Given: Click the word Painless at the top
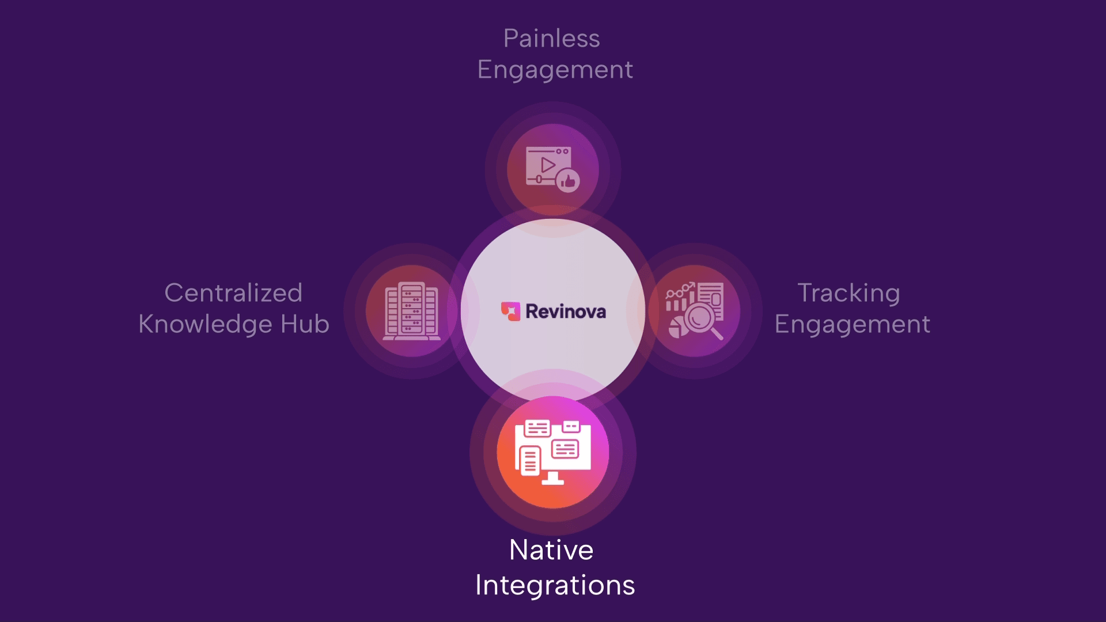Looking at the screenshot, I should (x=551, y=39).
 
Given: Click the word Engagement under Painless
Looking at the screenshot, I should (x=555, y=70).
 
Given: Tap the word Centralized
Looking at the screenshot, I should (x=233, y=293).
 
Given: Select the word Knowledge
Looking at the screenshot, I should (x=205, y=324).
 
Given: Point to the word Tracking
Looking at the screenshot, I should (x=849, y=293).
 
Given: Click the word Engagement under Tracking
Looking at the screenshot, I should (x=852, y=324).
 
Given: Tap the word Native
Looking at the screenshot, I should (x=551, y=550).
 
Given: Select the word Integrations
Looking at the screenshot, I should (x=555, y=585).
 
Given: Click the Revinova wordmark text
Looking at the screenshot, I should (x=565, y=312).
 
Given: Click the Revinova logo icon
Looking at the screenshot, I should (x=510, y=311).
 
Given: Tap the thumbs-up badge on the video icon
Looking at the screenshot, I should (x=568, y=181).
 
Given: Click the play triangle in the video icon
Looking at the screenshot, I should (x=548, y=165).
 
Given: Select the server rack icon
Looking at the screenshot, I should (x=411, y=311).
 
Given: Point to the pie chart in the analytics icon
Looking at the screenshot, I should (x=677, y=328).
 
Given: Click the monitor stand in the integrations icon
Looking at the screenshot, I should (x=553, y=478).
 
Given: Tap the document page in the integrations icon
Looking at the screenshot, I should (x=530, y=461).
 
